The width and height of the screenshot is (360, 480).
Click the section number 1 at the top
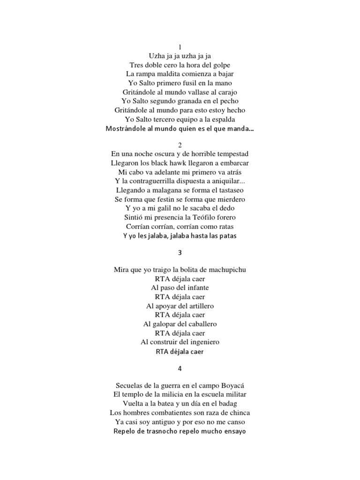[x=180, y=47]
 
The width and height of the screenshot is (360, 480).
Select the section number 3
[x=180, y=253]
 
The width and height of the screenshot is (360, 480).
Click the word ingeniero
[x=198, y=342]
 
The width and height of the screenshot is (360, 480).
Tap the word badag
[x=226, y=404]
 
